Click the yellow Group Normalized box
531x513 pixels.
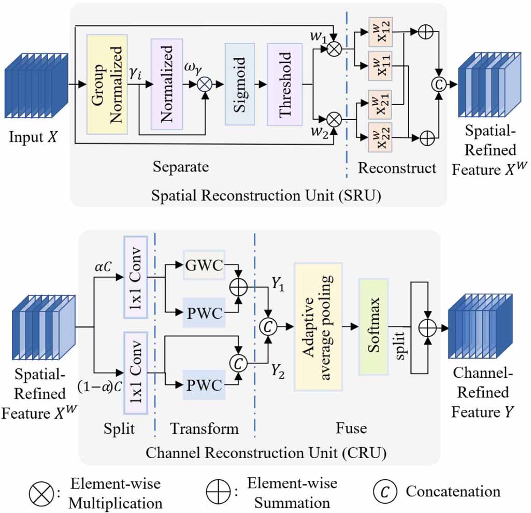pos(107,84)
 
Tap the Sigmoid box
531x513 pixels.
pos(239,84)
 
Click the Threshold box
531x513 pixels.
pos(284,84)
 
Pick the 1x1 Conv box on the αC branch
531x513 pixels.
pos(136,277)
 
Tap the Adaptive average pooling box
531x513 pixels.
pos(318,326)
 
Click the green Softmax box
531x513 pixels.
pos(373,326)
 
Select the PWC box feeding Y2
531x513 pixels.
pos(204,385)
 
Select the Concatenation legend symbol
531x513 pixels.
pos(383,492)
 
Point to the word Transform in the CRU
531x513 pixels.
pos(205,429)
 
